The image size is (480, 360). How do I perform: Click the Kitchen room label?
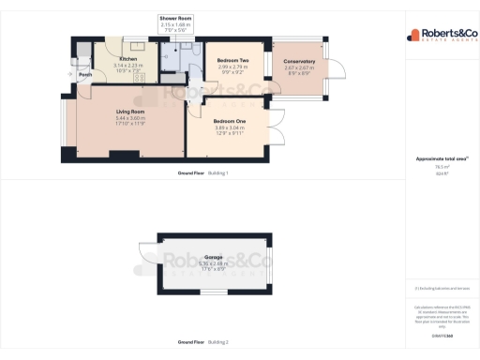tap(128, 58)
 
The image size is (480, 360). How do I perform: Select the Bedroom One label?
tap(229, 122)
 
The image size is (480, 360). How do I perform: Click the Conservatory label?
tap(299, 62)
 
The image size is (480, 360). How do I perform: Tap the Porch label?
tap(84, 75)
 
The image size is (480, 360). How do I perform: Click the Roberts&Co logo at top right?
tap(438, 36)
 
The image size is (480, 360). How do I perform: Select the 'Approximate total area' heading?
tap(436, 159)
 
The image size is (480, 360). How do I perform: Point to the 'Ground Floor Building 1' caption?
tap(203, 174)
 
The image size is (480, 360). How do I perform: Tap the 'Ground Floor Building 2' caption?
tap(203, 343)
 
